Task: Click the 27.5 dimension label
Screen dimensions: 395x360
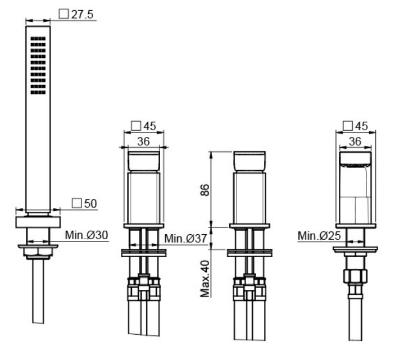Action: coord(82,15)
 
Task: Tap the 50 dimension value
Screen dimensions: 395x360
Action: coord(90,203)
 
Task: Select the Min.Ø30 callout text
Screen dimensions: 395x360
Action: coord(87,235)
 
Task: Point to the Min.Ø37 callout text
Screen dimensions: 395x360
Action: coord(185,238)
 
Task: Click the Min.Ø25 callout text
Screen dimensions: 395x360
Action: coord(319,236)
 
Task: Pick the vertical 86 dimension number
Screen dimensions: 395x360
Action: coord(205,190)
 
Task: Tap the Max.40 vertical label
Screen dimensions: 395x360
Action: coord(205,279)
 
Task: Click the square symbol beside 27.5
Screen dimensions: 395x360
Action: coord(63,14)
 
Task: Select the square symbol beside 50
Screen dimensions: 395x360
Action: coord(77,203)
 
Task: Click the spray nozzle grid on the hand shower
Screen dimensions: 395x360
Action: coord(38,66)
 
